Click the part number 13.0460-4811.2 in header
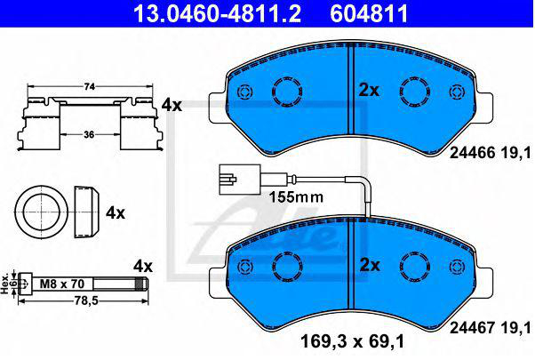click(x=217, y=13)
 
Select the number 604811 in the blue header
click(x=369, y=13)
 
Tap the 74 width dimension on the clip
click(x=90, y=87)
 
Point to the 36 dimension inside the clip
click(x=89, y=135)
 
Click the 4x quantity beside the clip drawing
click(x=172, y=106)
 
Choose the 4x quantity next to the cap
click(x=116, y=213)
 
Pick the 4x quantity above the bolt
click(x=143, y=266)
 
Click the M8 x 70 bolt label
click(x=62, y=284)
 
